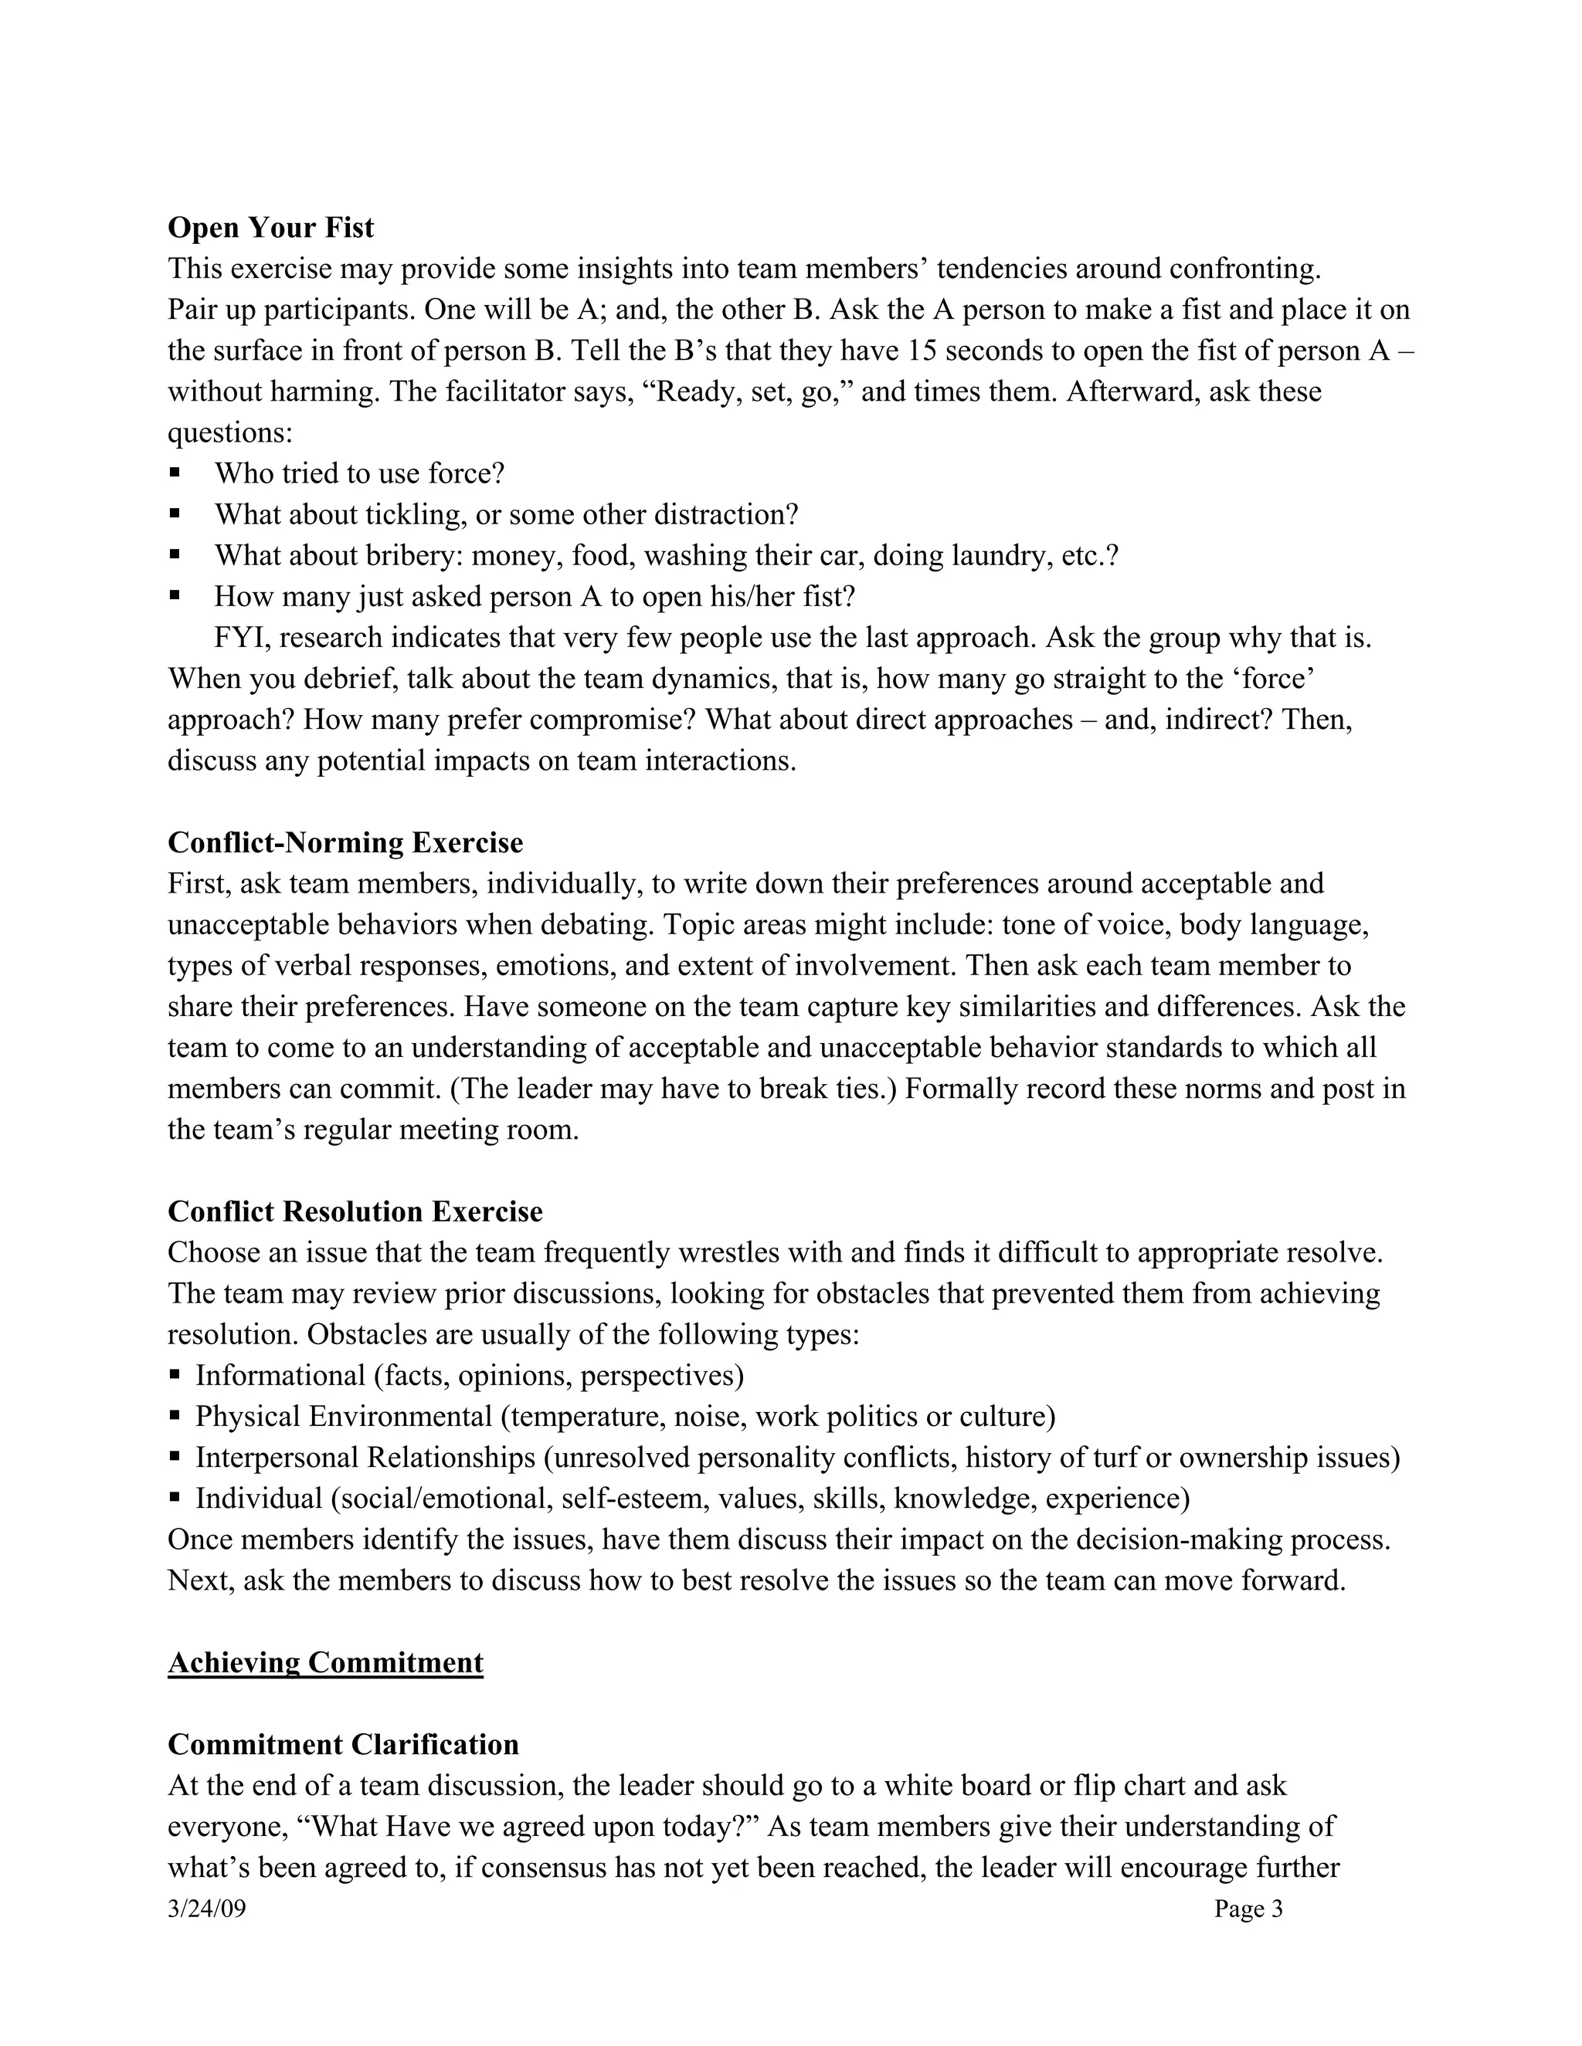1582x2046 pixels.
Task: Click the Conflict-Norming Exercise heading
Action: [x=345, y=842]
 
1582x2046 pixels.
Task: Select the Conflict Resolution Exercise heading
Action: [x=355, y=1211]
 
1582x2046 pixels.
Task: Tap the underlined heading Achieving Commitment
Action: [x=325, y=1662]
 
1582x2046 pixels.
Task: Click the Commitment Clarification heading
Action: [x=343, y=1744]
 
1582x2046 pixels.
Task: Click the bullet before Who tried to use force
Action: [x=175, y=473]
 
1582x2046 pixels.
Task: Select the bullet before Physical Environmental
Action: [x=175, y=1417]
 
